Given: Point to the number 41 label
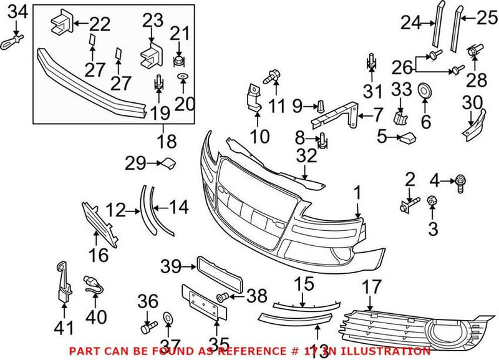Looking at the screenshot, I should [x=64, y=327].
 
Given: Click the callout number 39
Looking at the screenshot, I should [x=170, y=267].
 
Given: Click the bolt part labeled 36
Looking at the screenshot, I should [x=147, y=326].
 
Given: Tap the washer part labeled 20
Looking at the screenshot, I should [x=182, y=77].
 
